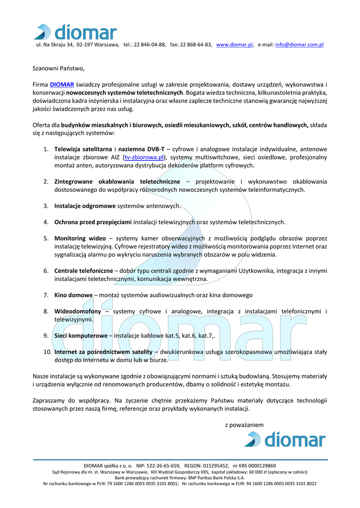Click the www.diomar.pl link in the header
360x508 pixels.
[x=235, y=45]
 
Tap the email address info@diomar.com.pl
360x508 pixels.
[x=299, y=45]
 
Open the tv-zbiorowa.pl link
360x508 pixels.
[x=144, y=157]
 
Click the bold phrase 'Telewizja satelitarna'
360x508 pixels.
[x=83, y=149]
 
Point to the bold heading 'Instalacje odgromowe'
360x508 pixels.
[x=85, y=206]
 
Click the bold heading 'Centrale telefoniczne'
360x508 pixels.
[x=83, y=271]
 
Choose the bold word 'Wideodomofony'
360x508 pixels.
[x=77, y=311]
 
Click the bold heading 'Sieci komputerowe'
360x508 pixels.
[x=81, y=336]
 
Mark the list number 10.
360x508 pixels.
[x=47, y=352]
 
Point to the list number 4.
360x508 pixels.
[x=45, y=222]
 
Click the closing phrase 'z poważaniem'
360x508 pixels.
[x=244, y=425]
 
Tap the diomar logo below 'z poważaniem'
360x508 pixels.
[x=285, y=439]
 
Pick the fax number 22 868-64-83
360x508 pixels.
[x=196, y=45]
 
